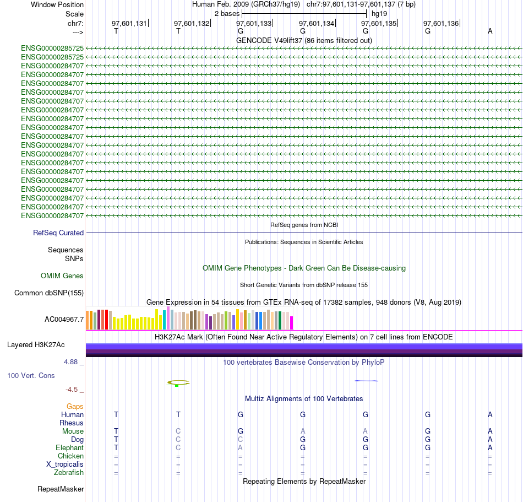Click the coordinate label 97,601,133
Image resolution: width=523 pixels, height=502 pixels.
tap(254, 24)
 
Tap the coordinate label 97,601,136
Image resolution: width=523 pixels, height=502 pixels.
tap(440, 24)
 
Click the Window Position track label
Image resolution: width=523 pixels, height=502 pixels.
tap(57, 4)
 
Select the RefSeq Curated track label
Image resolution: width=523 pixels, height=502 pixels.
tap(58, 233)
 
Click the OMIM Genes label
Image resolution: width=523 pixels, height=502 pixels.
tap(62, 276)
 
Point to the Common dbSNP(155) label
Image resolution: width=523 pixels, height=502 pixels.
tap(49, 293)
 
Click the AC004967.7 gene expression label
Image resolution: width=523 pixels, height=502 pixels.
tap(64, 319)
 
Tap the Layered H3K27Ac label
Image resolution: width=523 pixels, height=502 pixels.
tap(36, 345)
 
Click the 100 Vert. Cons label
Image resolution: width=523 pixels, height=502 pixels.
tap(31, 375)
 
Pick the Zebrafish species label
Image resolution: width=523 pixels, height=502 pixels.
tap(69, 473)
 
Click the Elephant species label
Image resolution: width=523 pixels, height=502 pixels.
tap(69, 448)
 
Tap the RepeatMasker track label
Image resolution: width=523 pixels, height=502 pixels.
tap(61, 489)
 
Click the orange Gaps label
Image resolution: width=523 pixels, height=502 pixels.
tap(75, 407)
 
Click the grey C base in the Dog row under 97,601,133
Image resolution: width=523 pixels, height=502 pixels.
tap(240, 440)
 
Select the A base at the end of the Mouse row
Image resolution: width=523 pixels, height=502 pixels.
tap(490, 431)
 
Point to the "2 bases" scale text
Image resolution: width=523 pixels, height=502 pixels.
tap(227, 13)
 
